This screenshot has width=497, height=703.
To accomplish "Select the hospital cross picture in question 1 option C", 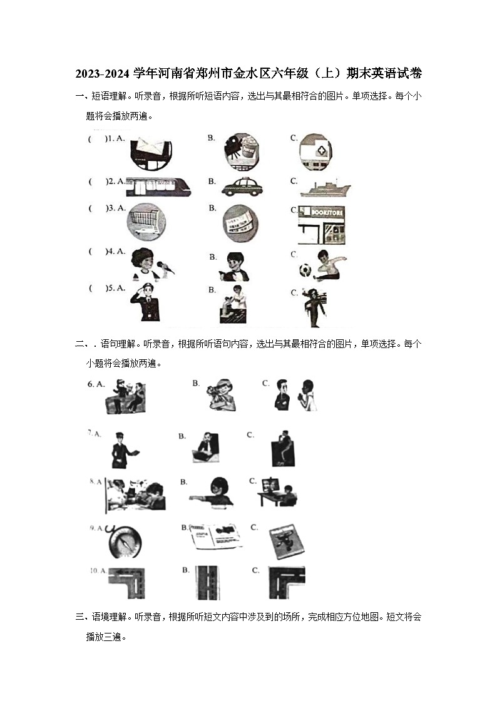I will point(315,152).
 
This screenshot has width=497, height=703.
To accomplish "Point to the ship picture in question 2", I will point(325,188).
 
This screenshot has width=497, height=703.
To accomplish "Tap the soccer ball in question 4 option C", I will point(305,270).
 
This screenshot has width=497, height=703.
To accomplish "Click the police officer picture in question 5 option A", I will point(145,302).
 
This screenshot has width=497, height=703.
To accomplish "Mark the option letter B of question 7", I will point(182,436).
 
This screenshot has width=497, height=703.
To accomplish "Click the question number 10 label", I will point(95,570).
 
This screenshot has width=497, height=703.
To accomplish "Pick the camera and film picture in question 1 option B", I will point(239,151).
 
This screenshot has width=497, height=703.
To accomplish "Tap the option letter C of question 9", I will point(255,527).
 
